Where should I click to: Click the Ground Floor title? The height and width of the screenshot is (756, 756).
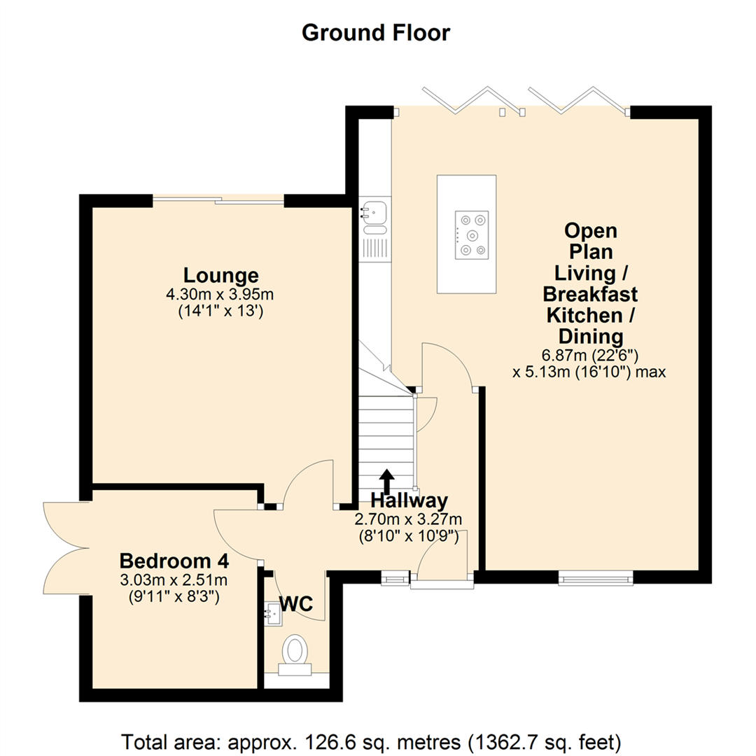point(376,33)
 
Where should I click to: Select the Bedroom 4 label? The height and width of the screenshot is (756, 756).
point(175,561)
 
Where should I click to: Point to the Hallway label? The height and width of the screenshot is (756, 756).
point(409,500)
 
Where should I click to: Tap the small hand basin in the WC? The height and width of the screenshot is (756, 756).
point(273,613)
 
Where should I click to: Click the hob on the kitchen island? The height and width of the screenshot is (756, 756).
point(470,235)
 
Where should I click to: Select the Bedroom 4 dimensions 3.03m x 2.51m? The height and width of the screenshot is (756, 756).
point(176,580)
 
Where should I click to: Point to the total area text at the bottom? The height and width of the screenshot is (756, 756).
point(372,741)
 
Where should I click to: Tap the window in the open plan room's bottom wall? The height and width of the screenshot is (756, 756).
point(596,577)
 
